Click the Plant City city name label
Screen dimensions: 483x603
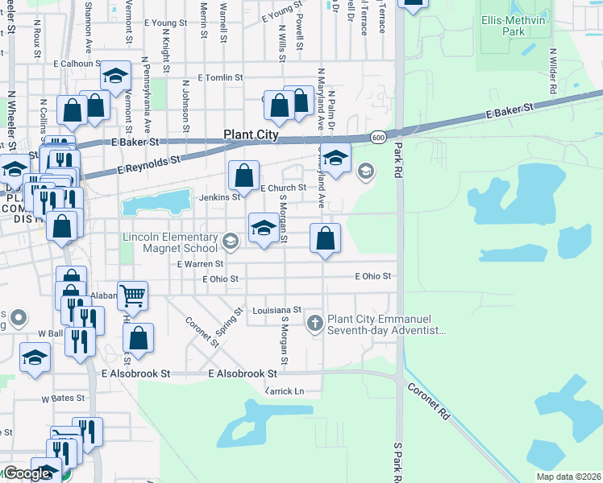point(250,136)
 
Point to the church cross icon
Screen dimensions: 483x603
point(315,324)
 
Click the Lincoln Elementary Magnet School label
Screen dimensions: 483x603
point(170,242)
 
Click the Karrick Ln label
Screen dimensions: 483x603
point(285,391)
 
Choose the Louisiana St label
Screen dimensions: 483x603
point(276,310)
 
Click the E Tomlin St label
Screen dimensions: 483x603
point(213,78)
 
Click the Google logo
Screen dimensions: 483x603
point(26,473)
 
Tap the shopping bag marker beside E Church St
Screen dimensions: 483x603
point(243,175)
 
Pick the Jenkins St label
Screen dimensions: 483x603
point(226,196)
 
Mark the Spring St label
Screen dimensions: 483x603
point(226,322)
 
